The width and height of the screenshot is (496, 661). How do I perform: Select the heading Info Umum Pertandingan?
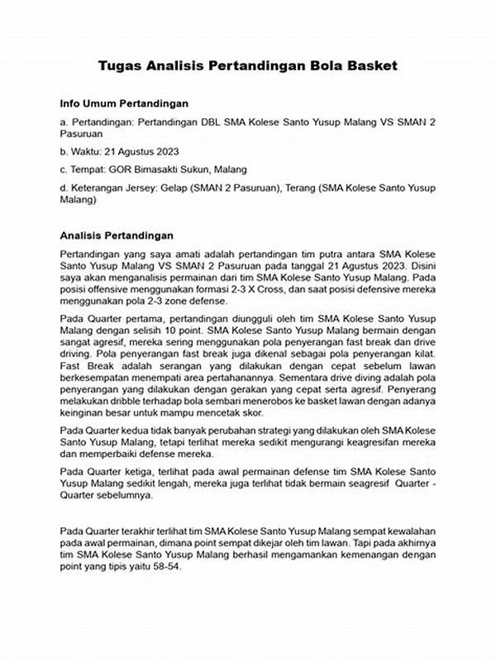(124, 104)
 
